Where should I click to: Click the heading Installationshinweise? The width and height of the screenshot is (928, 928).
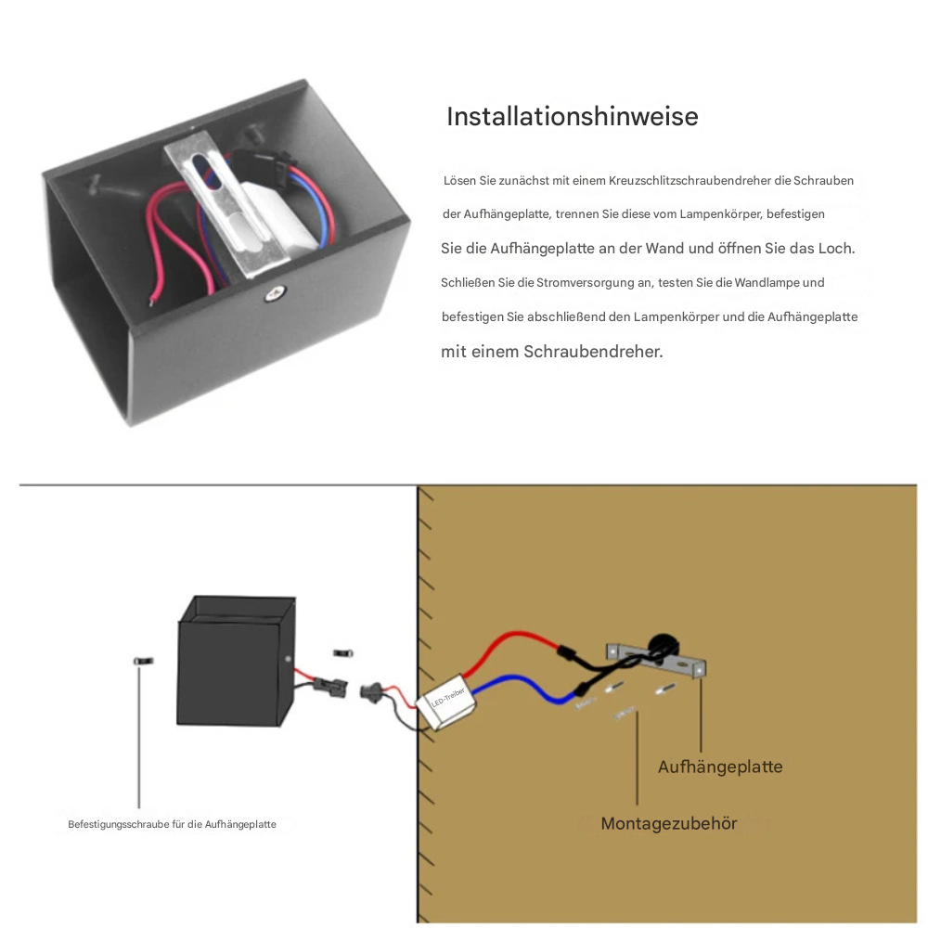pyautogui.click(x=572, y=117)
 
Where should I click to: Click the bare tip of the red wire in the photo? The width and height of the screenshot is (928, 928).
pyautogui.click(x=150, y=299)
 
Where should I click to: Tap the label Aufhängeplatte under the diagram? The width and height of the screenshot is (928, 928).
pyautogui.click(x=720, y=767)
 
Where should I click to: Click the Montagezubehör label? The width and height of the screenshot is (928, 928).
pyautogui.click(x=668, y=823)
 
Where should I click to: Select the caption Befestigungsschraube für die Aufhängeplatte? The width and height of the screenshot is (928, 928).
pyautogui.click(x=172, y=824)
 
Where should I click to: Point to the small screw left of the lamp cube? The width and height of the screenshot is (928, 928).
pyautogui.click(x=142, y=661)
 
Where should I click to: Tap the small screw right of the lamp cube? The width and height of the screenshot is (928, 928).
pyautogui.click(x=342, y=653)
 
